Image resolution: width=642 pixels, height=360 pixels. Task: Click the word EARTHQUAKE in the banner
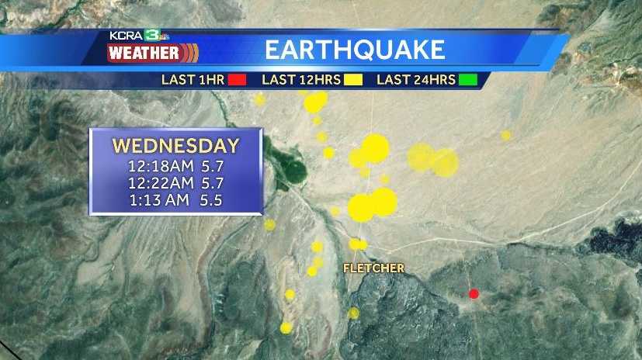[x=355, y=50]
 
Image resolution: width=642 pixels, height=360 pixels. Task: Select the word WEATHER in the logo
[x=143, y=54]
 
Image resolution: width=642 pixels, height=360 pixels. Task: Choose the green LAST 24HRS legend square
[x=467, y=79]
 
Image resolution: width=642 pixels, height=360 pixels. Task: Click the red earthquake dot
[x=474, y=293]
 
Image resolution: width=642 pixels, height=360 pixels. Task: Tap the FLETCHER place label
[x=374, y=268]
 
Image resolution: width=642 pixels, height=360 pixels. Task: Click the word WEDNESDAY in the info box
[x=175, y=146]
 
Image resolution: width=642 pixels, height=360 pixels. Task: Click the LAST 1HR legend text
[x=193, y=79]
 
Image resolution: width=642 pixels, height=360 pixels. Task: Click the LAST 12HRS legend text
[x=301, y=79]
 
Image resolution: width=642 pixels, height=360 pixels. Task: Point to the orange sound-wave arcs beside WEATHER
[x=190, y=54]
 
